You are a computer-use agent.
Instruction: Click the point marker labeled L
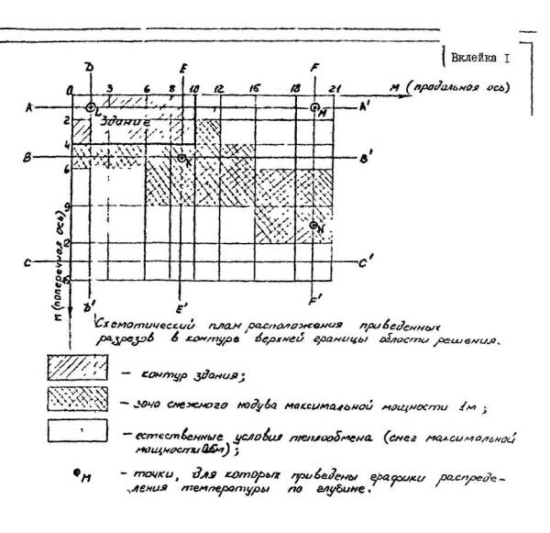90,107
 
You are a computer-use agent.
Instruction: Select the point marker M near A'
314,107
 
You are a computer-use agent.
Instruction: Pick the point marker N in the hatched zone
313,225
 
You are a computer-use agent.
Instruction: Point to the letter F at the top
315,67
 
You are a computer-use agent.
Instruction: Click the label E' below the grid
182,305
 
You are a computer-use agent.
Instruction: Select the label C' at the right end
366,263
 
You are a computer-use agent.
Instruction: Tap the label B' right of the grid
367,159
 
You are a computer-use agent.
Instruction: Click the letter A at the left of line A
30,106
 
